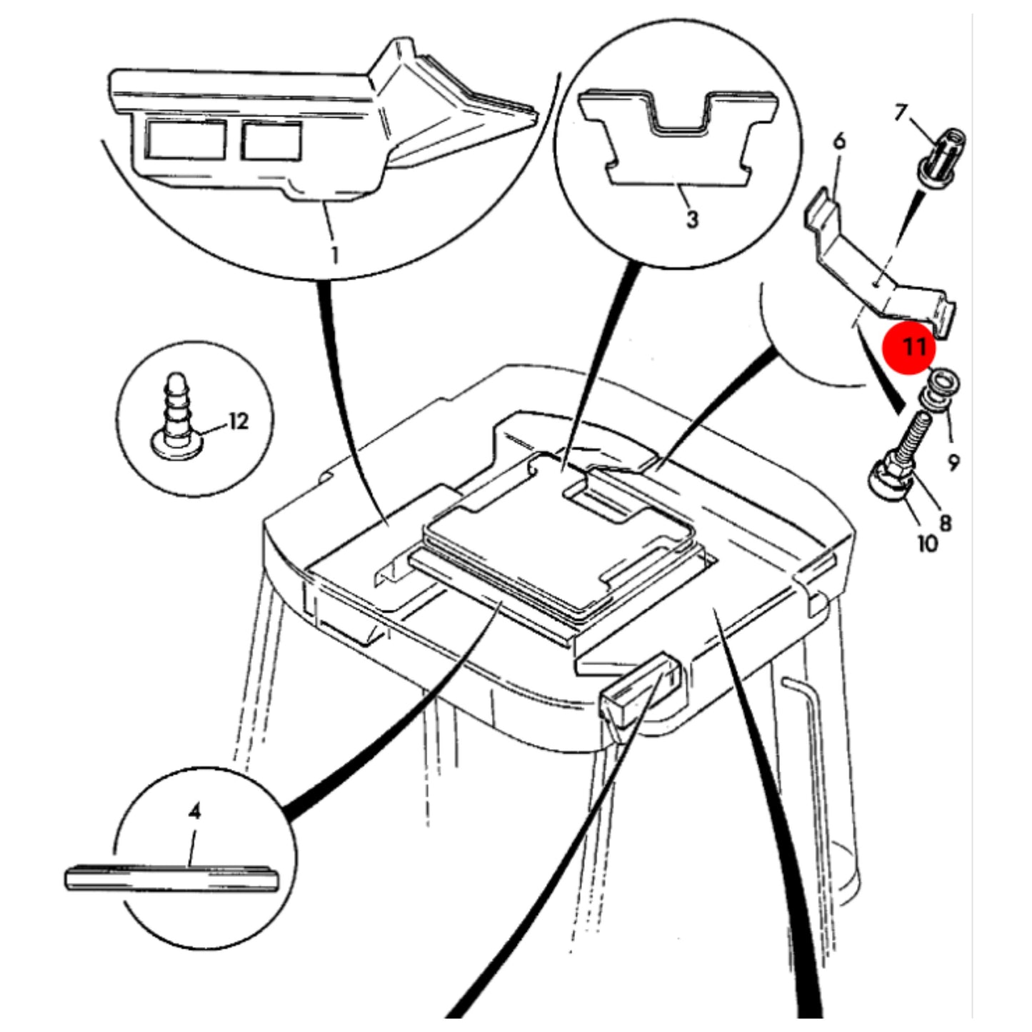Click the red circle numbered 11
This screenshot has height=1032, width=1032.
click(908, 348)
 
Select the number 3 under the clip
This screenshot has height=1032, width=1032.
click(692, 219)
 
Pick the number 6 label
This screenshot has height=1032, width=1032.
click(839, 141)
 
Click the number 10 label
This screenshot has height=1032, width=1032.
click(928, 544)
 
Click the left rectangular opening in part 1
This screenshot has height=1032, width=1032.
click(186, 139)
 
